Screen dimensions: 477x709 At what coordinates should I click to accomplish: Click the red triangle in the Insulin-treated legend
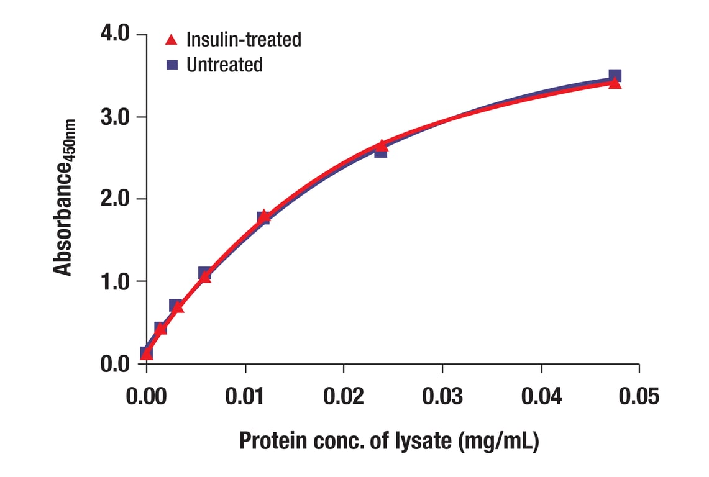tap(172, 40)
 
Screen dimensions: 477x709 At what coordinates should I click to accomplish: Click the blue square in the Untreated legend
tap(172, 64)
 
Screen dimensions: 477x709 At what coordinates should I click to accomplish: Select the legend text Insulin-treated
tap(244, 40)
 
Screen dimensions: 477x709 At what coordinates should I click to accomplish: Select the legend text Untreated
tap(224, 64)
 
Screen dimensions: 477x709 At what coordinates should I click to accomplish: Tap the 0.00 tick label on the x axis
tap(147, 396)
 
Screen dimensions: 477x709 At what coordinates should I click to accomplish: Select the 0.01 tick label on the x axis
tap(245, 396)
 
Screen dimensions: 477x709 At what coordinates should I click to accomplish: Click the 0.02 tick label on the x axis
tap(344, 396)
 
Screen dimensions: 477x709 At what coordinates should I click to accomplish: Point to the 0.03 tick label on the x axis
tap(442, 396)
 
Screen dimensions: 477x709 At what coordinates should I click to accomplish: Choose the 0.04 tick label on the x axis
tap(541, 396)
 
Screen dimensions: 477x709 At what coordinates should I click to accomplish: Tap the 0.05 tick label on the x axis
tap(639, 396)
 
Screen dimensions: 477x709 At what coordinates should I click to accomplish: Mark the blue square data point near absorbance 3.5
tap(615, 76)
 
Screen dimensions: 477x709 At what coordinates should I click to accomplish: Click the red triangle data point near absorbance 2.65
tap(382, 145)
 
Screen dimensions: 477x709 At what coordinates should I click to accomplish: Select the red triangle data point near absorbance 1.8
tap(264, 216)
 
